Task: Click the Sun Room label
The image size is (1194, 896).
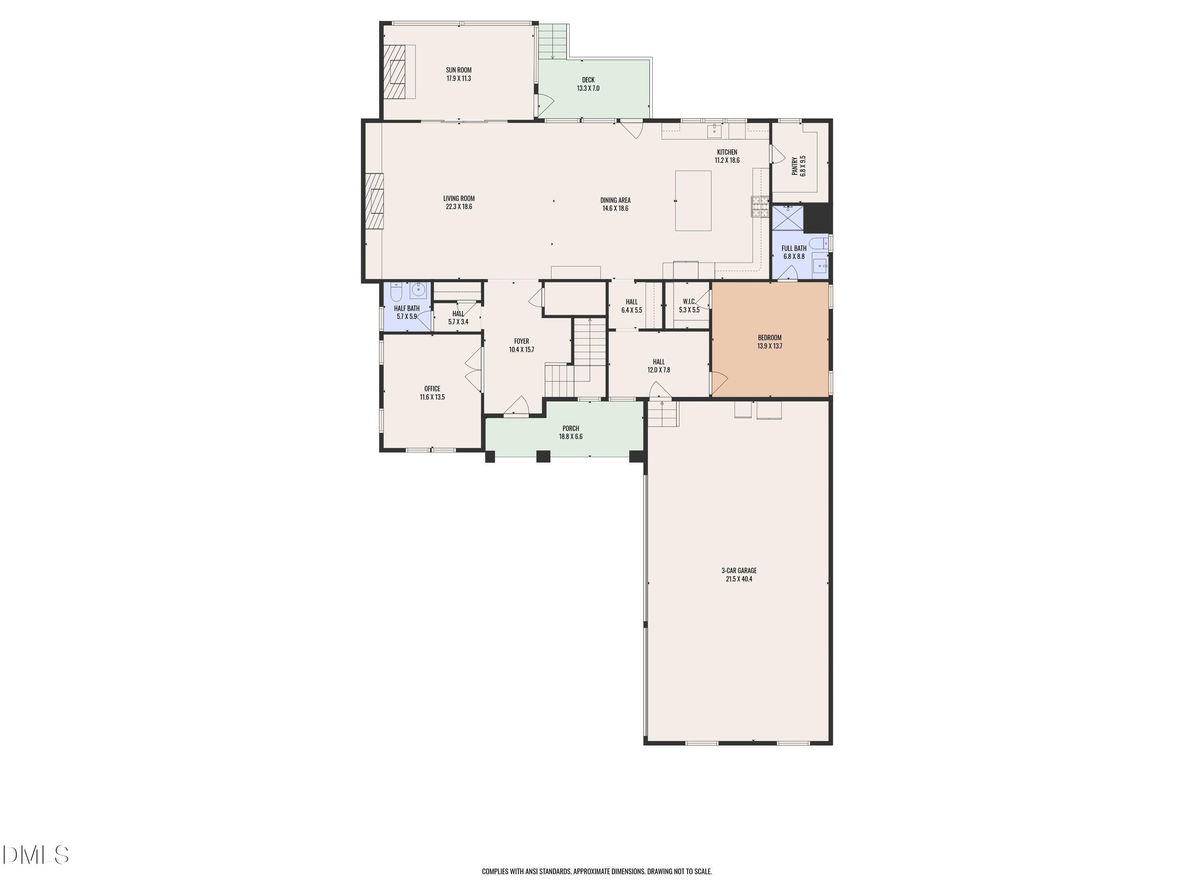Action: coord(458,70)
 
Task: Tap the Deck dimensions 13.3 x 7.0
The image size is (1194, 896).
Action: coord(588,88)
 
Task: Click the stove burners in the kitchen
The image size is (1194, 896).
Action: coord(760,207)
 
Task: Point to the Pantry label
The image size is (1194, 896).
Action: coord(794,166)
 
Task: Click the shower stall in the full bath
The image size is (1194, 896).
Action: coord(788,218)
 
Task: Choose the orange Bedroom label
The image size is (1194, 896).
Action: coord(769,338)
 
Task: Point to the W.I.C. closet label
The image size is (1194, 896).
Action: coord(689,302)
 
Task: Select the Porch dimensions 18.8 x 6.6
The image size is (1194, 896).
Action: coord(571,437)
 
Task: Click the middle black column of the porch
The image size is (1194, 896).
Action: coord(543,456)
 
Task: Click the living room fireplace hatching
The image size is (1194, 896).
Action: coord(374,201)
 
